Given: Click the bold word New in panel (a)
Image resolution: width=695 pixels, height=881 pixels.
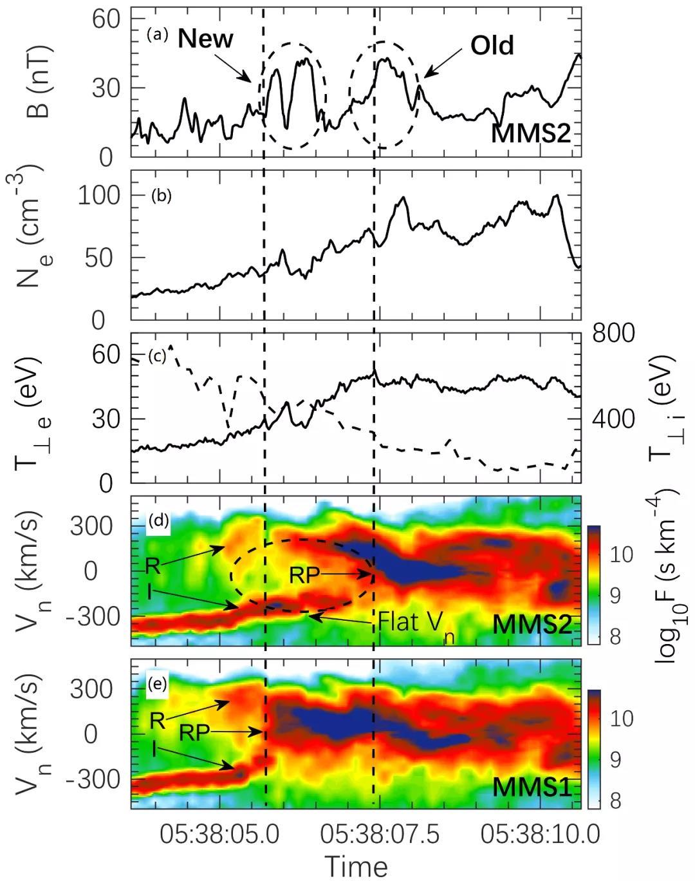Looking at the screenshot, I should click(x=205, y=39).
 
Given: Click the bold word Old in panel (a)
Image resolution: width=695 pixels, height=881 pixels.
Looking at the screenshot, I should click(x=492, y=46).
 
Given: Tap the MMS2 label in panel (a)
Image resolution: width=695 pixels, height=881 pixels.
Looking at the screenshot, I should click(x=532, y=134).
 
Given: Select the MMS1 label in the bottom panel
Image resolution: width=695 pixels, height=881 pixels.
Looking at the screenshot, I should click(x=532, y=787).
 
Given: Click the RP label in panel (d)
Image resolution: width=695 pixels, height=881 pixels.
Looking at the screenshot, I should click(x=304, y=576).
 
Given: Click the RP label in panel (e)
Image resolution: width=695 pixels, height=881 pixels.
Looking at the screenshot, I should click(x=196, y=732).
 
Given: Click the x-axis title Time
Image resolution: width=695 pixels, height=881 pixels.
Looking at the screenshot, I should click(x=356, y=866).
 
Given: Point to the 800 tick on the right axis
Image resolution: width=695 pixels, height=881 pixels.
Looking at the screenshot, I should click(x=614, y=334).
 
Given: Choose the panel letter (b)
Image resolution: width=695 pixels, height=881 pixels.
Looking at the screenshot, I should click(x=161, y=195).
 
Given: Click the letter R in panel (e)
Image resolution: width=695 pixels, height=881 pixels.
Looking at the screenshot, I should click(x=156, y=721).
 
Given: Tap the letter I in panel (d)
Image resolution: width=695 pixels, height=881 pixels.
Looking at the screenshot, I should click(x=149, y=590).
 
